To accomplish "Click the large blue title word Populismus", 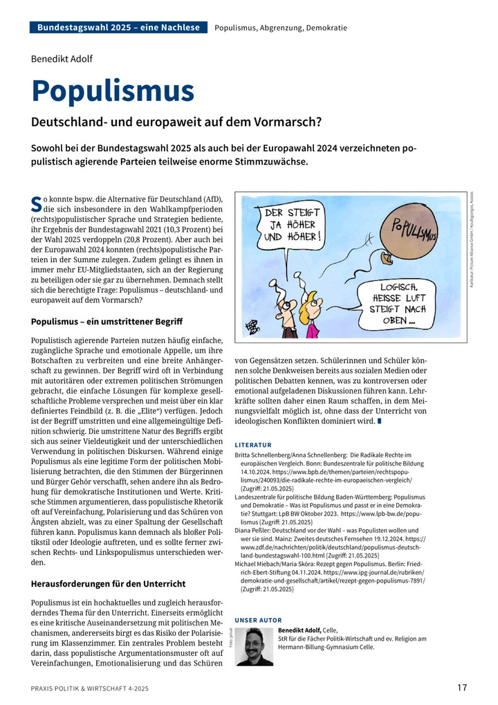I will point(113,91).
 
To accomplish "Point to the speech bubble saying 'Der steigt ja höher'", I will point(292,227).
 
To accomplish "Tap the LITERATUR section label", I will point(253,444).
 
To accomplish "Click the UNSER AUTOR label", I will point(259,620).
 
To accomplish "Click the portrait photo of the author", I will point(254,646).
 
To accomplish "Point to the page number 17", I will point(461,687).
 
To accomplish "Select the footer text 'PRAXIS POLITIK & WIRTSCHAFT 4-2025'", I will point(90,688).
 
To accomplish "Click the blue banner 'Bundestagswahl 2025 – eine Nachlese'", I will point(118,28).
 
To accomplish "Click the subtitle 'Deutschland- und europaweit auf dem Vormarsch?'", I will point(176,122).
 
